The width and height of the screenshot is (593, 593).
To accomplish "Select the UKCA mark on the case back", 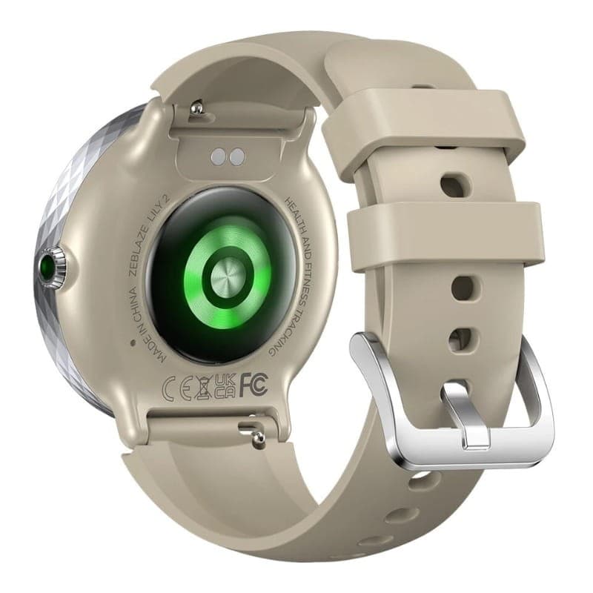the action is click(x=225, y=386).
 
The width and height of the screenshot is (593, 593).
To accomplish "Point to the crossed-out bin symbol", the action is click(x=203, y=388).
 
